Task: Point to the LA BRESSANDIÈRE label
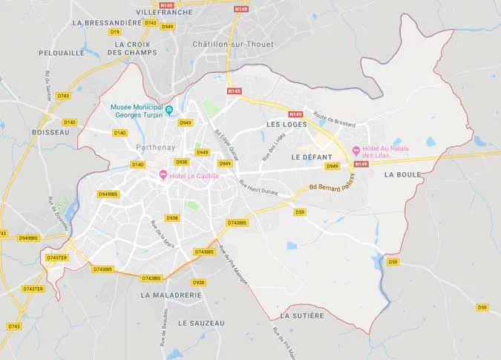(107, 23)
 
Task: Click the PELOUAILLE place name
(61, 53)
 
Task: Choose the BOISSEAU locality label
(50, 132)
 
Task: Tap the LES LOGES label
(286, 125)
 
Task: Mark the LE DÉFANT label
(312, 157)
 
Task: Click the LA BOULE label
(403, 175)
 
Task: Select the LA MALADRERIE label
(171, 295)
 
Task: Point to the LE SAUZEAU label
(200, 323)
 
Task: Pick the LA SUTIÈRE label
(302, 315)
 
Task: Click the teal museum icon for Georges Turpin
(169, 111)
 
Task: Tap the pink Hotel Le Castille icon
(163, 174)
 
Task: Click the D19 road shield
(114, 32)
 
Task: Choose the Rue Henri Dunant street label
(258, 188)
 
